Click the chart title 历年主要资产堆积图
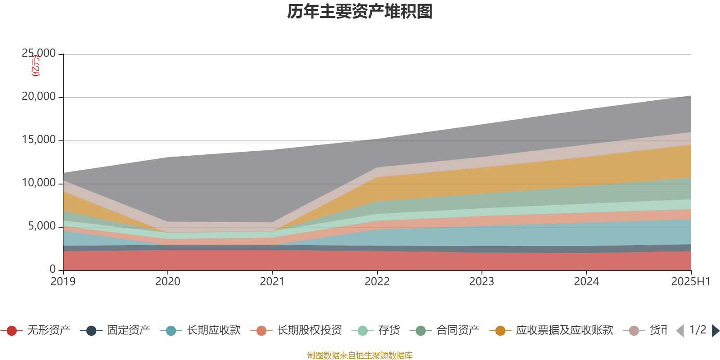coord(360,12)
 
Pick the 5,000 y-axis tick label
coord(42,226)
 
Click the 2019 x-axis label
coord(63,282)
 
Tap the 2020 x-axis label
coord(168,282)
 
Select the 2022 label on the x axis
coord(377,282)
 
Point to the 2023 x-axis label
coord(481,282)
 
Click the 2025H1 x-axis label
coord(690,282)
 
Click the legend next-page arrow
coord(715,331)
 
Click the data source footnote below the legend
coord(360,355)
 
